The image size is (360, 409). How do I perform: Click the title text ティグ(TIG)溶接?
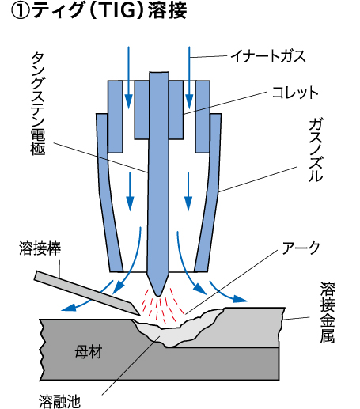pos(110,10)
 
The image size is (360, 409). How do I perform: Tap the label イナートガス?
pos(267,56)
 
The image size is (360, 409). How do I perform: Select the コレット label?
pos(295,93)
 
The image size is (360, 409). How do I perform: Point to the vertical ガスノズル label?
pos(316,150)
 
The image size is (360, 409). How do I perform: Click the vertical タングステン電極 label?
pos(39,103)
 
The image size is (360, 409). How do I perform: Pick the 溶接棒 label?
pos(40,248)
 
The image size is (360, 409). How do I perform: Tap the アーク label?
pos(301,248)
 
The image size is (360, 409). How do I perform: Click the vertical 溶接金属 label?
pos(328,312)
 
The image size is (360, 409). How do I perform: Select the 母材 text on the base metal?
pos(89,352)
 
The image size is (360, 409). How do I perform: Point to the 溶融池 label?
pos(59,401)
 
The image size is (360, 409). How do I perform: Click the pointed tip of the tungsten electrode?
pos(158,295)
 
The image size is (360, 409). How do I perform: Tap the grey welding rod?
pos(87,293)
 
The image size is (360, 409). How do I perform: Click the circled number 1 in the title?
pos(21,11)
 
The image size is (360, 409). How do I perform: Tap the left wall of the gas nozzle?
pos(108,192)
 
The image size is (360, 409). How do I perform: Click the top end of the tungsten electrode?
pos(159,72)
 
